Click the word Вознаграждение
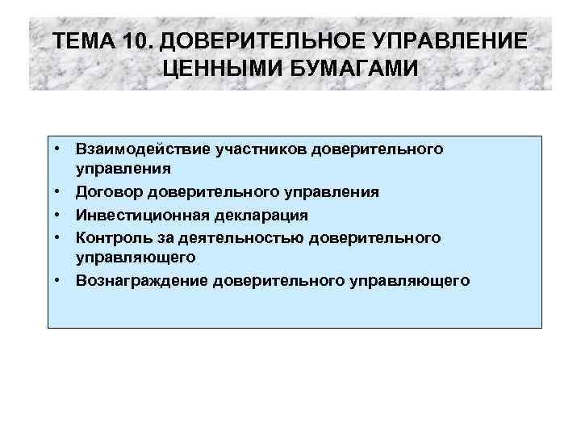point(140,280)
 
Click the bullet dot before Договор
point(61,192)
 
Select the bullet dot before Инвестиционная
point(61,215)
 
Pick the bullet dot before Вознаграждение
point(61,280)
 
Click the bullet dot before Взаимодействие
point(61,149)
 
